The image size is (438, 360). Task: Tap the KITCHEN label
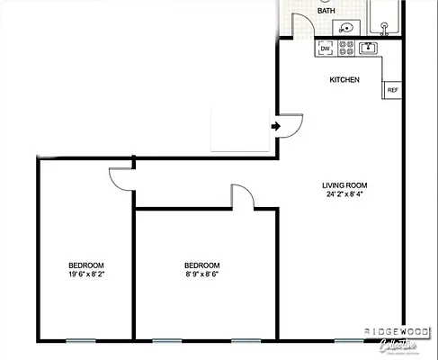coord(344,80)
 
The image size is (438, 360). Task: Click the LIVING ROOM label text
coord(344,185)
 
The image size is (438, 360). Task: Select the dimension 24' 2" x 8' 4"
coord(344,194)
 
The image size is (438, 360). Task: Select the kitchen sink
coord(369,47)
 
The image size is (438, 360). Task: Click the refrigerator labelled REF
coord(392,90)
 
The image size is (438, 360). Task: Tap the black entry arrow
coord(276,127)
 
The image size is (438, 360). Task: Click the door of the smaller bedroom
coord(241,197)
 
